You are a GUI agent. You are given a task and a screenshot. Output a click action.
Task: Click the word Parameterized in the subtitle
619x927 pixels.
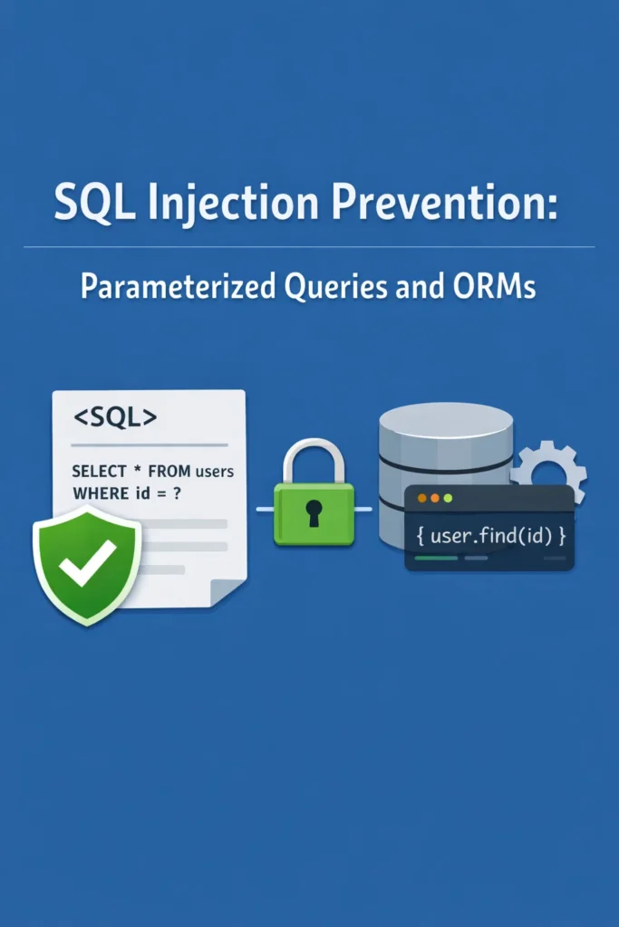pos(179,288)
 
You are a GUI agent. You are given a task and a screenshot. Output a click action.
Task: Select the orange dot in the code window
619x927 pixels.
pos(421,499)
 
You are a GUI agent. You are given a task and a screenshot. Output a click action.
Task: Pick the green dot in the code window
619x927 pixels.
pos(449,499)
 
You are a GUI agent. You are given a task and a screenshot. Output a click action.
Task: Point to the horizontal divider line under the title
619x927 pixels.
pos(309,247)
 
